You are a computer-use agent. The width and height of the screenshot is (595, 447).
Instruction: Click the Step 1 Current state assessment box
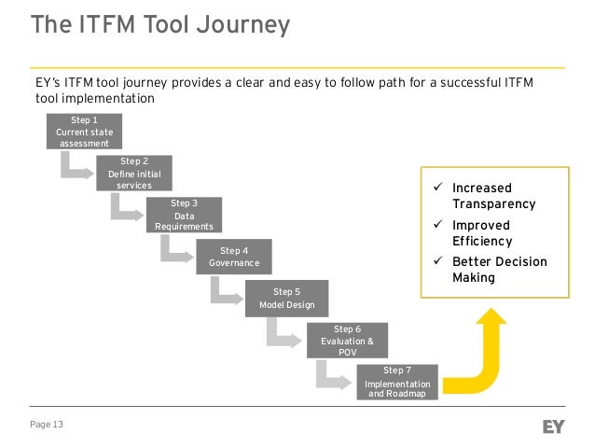tap(84, 133)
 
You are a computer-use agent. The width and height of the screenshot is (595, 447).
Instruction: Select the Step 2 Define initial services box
tap(134, 174)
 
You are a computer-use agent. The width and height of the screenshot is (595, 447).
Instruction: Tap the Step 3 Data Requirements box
tap(184, 216)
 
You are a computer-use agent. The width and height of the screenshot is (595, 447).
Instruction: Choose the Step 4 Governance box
tap(233, 257)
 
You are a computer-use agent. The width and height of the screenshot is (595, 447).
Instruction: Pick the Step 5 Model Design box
tap(286, 299)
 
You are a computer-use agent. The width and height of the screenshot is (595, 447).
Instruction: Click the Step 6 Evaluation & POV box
tap(346, 341)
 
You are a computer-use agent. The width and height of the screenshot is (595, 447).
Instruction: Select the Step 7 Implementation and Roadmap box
tap(397, 383)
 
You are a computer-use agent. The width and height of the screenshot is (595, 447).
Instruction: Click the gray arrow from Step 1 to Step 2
tap(75, 168)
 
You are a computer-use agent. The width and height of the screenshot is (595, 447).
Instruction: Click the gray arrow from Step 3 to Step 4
tap(174, 250)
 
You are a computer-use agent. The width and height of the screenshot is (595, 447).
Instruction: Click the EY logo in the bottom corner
tap(555, 426)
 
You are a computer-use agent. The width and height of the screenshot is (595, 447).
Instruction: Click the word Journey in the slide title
tap(243, 24)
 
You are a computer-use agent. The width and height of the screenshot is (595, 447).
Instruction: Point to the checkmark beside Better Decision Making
tap(436, 261)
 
